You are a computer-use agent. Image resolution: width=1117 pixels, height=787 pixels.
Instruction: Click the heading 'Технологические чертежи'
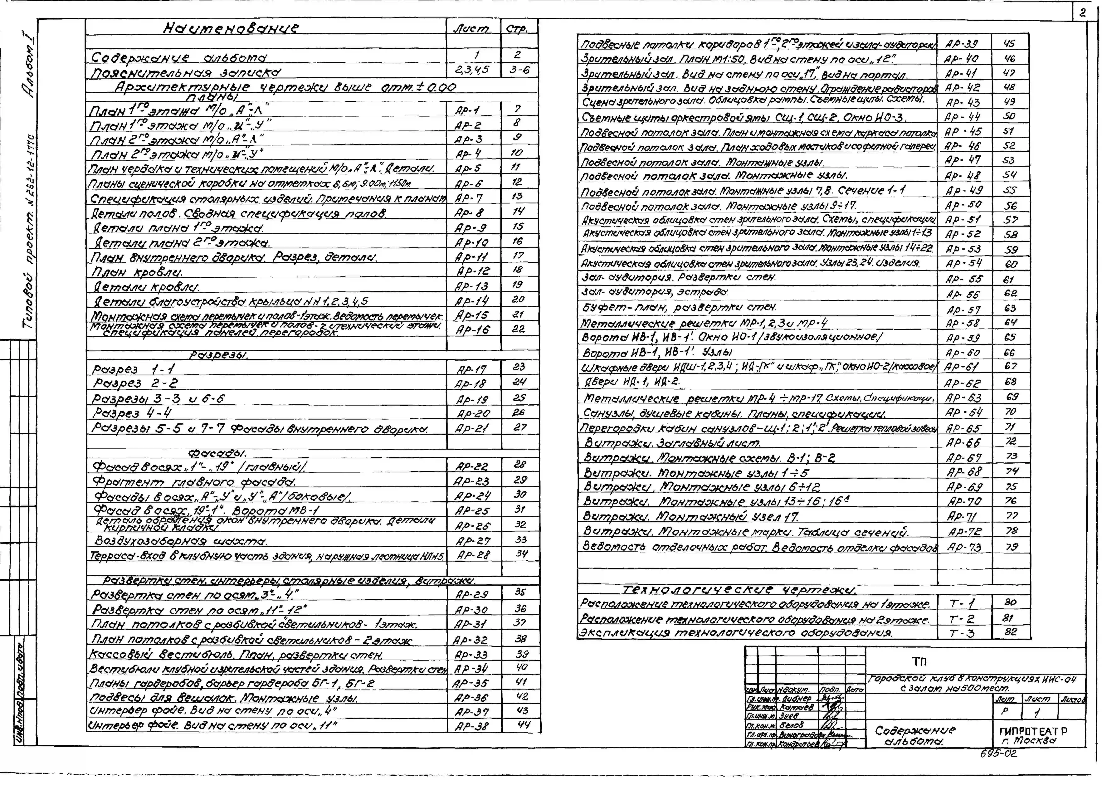(739, 590)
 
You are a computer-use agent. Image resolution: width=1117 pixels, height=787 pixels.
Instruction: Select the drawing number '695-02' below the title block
(998, 754)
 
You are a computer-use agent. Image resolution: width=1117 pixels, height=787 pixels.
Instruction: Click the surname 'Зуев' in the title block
(789, 715)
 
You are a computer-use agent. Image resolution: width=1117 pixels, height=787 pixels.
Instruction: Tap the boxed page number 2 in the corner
(1082, 13)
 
